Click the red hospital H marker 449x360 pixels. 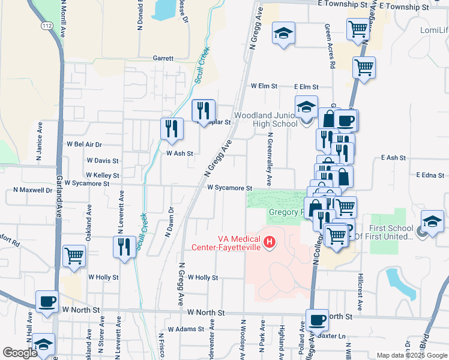pos(270,242)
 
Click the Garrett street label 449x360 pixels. pos(163,59)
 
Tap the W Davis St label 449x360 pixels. pos(103,161)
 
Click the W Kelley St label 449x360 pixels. pos(103,175)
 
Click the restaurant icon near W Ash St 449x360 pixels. pos(172,129)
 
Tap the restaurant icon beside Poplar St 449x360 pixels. pos(203,110)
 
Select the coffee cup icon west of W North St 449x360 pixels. pos(47,302)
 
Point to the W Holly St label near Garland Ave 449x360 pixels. pos(103,277)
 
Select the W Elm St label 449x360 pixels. pos(264,86)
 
